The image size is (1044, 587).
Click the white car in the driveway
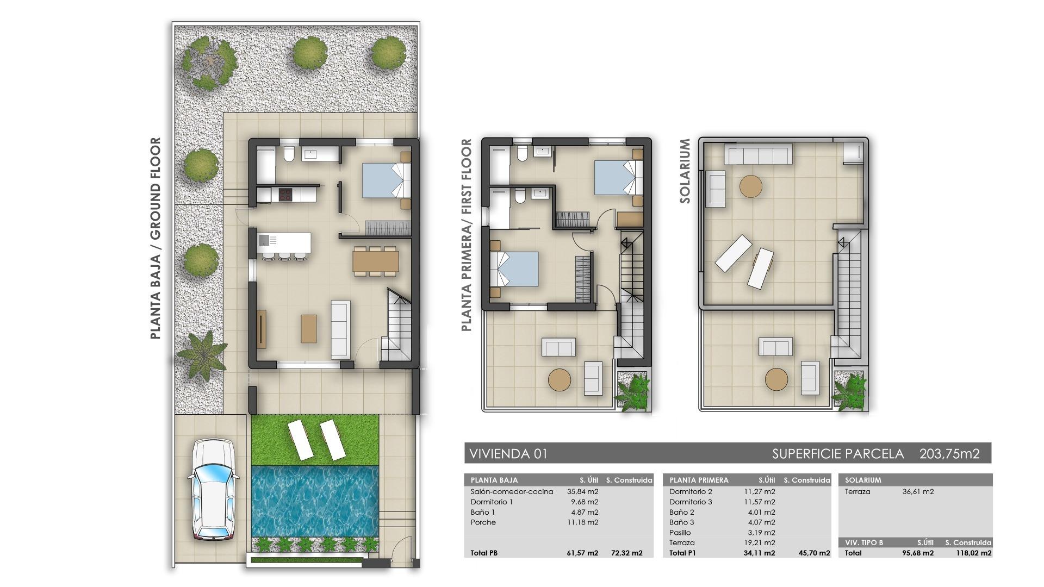213,489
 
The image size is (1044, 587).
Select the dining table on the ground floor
375,261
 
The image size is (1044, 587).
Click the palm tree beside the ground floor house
202,353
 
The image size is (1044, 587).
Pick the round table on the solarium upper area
751,186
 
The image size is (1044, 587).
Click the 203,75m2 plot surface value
949,454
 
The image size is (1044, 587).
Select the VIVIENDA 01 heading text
508,454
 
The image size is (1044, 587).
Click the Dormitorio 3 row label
691,502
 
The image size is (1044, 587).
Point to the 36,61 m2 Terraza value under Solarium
918,491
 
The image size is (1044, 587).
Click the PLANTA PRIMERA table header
699,480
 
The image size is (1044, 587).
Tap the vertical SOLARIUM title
685,171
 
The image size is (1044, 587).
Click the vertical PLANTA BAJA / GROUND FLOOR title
156,238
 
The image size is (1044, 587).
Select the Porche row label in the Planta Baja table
483,522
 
